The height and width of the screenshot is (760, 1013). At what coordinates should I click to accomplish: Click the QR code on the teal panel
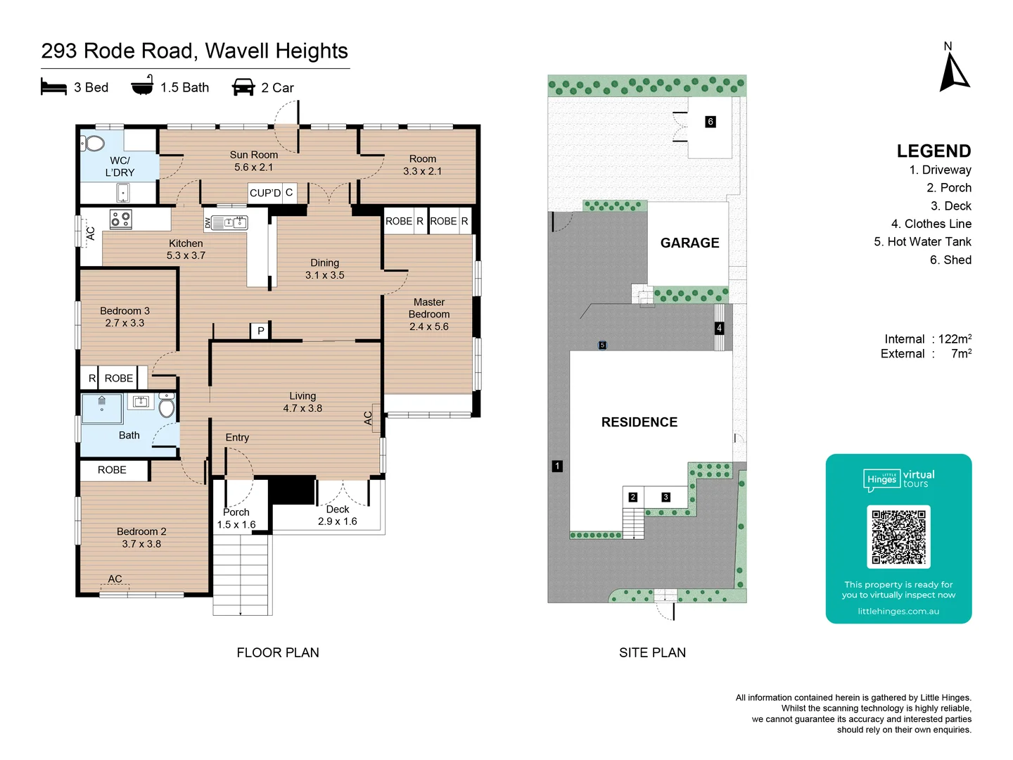click(x=898, y=536)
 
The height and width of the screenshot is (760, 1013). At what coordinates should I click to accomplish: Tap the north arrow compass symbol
click(x=954, y=72)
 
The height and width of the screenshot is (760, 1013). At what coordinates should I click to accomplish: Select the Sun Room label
click(x=254, y=155)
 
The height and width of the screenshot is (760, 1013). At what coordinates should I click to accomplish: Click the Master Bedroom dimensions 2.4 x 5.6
click(x=428, y=327)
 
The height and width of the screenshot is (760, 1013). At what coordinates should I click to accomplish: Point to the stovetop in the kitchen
click(x=121, y=219)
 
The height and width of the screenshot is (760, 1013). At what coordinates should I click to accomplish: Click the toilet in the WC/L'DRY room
click(x=94, y=143)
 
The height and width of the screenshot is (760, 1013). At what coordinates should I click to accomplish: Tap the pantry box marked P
click(x=261, y=331)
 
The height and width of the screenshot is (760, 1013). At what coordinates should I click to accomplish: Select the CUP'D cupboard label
click(x=265, y=193)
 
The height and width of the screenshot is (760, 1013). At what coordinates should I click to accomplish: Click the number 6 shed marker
click(x=711, y=122)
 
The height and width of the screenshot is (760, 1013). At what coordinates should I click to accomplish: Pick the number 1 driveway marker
click(x=557, y=466)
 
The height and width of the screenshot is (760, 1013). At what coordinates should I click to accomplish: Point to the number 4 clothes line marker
click(x=719, y=328)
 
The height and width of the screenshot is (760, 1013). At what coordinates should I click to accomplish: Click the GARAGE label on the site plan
click(x=689, y=243)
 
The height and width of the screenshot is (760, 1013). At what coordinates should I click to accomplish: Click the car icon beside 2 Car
click(x=243, y=87)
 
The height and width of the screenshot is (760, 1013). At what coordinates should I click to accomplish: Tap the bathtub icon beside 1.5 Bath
click(x=143, y=84)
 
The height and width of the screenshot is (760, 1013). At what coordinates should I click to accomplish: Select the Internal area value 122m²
click(x=955, y=338)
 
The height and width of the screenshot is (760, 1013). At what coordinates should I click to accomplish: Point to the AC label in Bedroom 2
click(x=115, y=578)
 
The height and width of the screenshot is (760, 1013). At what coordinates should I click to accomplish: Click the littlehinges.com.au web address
click(x=898, y=611)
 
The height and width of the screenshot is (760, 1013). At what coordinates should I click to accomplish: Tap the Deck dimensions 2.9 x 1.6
click(x=338, y=521)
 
